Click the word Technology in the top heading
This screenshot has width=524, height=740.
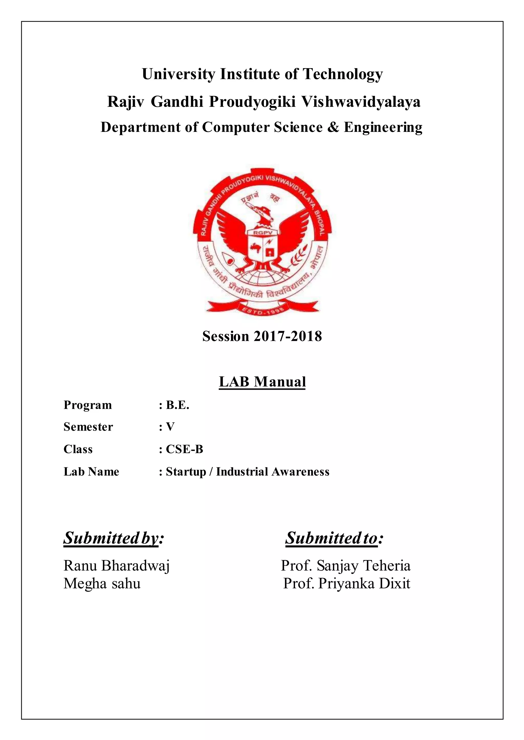[342, 74]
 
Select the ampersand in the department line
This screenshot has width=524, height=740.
[333, 127]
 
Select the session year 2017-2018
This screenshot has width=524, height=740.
[288, 336]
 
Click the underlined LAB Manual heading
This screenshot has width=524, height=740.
[262, 381]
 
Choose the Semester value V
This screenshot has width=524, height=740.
[170, 427]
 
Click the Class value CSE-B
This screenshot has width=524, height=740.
[184, 449]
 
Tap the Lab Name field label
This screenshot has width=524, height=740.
[91, 471]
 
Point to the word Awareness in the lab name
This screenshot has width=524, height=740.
[300, 471]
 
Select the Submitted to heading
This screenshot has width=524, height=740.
[334, 538]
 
